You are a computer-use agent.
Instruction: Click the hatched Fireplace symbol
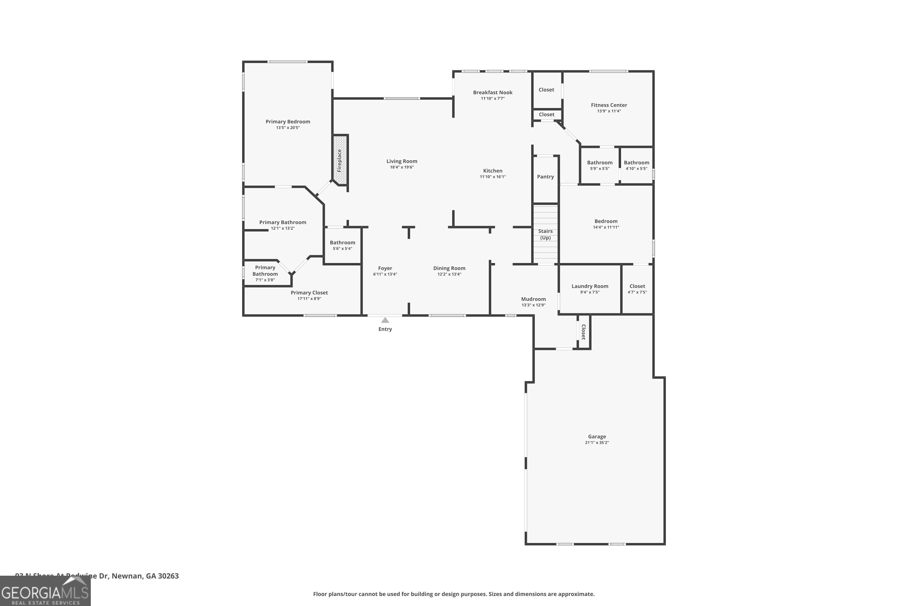tap(340, 160)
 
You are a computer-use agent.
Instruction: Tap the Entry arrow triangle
tap(385, 320)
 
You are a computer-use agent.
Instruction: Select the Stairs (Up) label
tap(545, 234)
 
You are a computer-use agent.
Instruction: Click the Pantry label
tap(545, 177)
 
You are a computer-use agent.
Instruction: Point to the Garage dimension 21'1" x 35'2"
tap(597, 442)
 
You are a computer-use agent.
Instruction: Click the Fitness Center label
tap(609, 105)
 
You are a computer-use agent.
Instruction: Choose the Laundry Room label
tap(590, 286)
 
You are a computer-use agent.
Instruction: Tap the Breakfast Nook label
tap(493, 92)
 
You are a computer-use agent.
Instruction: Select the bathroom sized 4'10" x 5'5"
tap(636, 165)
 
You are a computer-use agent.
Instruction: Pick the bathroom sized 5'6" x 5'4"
tap(342, 245)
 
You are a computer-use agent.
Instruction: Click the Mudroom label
tap(533, 299)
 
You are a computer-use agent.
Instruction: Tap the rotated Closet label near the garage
tap(583, 331)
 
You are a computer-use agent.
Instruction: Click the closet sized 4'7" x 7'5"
tap(637, 289)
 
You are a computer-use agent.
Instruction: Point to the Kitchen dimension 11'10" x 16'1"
tap(493, 177)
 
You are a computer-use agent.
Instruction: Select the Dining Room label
tap(449, 268)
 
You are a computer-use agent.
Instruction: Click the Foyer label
tap(385, 268)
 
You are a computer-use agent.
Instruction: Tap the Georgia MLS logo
tap(45, 591)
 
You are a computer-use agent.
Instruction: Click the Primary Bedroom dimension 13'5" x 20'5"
tap(288, 128)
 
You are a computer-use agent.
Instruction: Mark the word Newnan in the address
tap(127, 576)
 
